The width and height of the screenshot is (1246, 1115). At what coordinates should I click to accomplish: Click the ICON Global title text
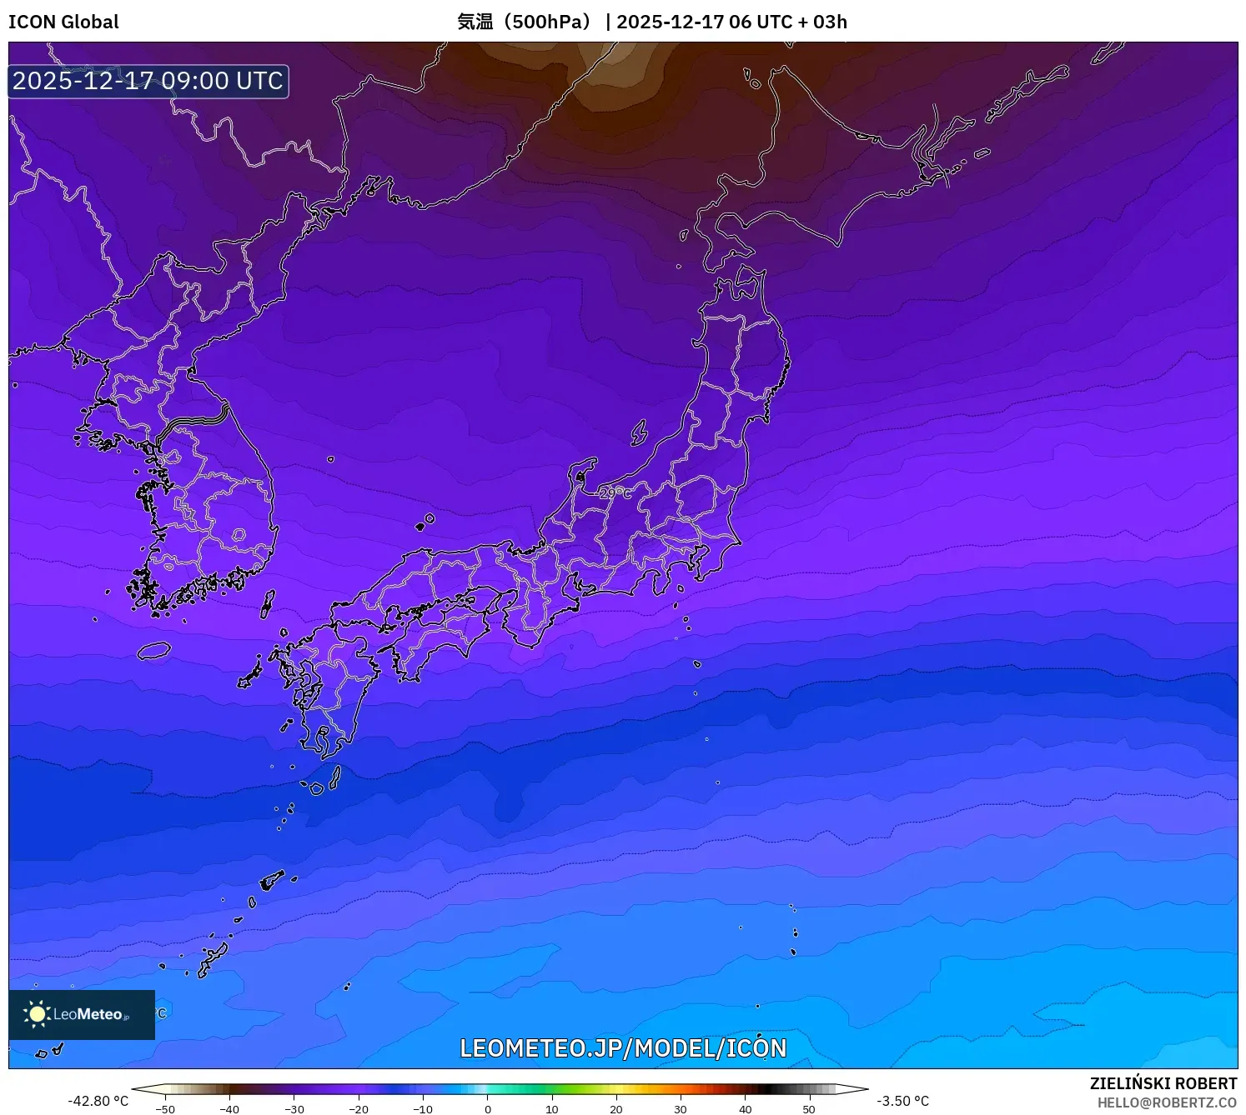coord(63,22)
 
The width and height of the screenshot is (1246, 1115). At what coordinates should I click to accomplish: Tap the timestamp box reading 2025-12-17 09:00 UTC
coord(148,81)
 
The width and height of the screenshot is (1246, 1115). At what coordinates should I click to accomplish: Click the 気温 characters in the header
coord(475,22)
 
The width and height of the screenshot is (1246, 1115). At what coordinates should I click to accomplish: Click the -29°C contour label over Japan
coord(615,493)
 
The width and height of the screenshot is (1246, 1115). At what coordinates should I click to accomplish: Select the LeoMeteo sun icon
coord(37,1013)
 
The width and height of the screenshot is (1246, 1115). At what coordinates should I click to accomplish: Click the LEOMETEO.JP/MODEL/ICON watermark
coord(623,1047)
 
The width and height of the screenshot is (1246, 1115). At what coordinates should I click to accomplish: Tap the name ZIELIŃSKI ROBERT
coord(1163,1083)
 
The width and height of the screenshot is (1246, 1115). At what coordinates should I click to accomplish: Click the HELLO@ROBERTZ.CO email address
coord(1167,1102)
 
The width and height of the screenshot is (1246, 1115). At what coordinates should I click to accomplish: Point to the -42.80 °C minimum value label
coord(98,1101)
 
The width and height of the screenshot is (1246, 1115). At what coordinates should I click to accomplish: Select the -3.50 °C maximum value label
coord(902,1101)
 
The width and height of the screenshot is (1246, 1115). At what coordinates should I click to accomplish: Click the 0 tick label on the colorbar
coord(488,1109)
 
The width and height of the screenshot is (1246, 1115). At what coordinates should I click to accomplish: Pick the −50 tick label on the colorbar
coord(165,1109)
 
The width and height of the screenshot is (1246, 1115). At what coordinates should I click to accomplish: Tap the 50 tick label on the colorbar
coord(809,1109)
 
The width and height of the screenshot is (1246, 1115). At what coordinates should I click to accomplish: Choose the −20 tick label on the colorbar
coord(359,1109)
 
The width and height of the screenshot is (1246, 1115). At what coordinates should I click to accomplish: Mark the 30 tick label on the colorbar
coord(681,1109)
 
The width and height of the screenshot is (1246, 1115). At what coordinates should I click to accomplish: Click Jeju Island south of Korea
coord(154,651)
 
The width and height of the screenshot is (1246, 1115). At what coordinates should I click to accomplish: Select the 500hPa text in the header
coord(550,22)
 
